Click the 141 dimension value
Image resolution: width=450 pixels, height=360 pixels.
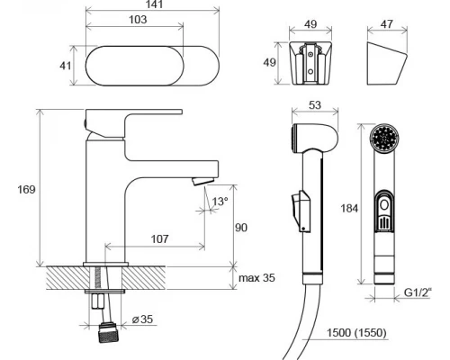[155, 4]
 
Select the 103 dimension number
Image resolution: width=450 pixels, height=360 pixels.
[138, 20]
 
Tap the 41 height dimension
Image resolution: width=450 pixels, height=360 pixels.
[66, 66]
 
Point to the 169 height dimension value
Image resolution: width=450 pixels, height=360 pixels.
[26, 190]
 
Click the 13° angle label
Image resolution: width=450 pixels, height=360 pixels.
[220, 202]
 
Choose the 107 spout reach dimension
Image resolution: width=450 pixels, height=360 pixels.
[159, 239]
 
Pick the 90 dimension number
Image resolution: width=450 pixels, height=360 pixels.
[241, 228]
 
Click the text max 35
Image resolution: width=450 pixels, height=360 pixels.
[256, 278]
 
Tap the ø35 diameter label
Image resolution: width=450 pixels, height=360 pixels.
[142, 319]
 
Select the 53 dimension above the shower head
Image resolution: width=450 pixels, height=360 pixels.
[315, 105]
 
